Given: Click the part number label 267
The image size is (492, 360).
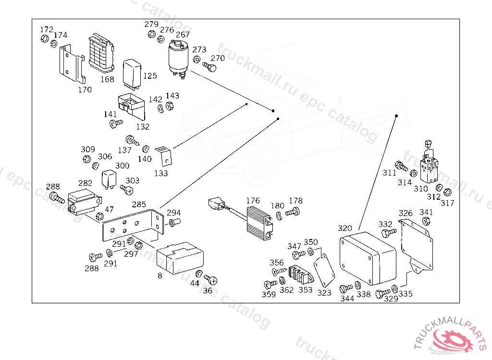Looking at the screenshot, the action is [x=183, y=35].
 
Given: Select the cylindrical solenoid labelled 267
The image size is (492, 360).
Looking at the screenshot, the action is [x=178, y=58].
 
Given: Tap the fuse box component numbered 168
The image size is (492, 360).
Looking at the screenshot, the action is [x=101, y=53].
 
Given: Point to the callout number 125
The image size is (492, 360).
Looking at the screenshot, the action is [x=150, y=76].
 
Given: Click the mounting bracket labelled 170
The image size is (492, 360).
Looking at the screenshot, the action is [x=72, y=63].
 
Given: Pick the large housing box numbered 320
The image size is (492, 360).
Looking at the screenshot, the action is [x=368, y=258].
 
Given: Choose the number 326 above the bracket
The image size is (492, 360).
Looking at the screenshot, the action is [x=406, y=213].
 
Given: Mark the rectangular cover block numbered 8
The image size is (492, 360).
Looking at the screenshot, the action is [x=180, y=257].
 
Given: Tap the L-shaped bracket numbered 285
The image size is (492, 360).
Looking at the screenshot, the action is [x=133, y=225].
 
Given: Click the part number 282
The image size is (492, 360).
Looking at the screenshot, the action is [x=85, y=183].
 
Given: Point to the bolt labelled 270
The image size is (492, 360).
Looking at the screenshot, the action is [x=209, y=67].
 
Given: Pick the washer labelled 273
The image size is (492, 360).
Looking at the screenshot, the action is [x=197, y=59].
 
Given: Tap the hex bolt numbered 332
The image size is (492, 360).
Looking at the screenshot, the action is [x=388, y=233].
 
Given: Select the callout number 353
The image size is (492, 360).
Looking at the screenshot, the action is [x=305, y=290].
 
